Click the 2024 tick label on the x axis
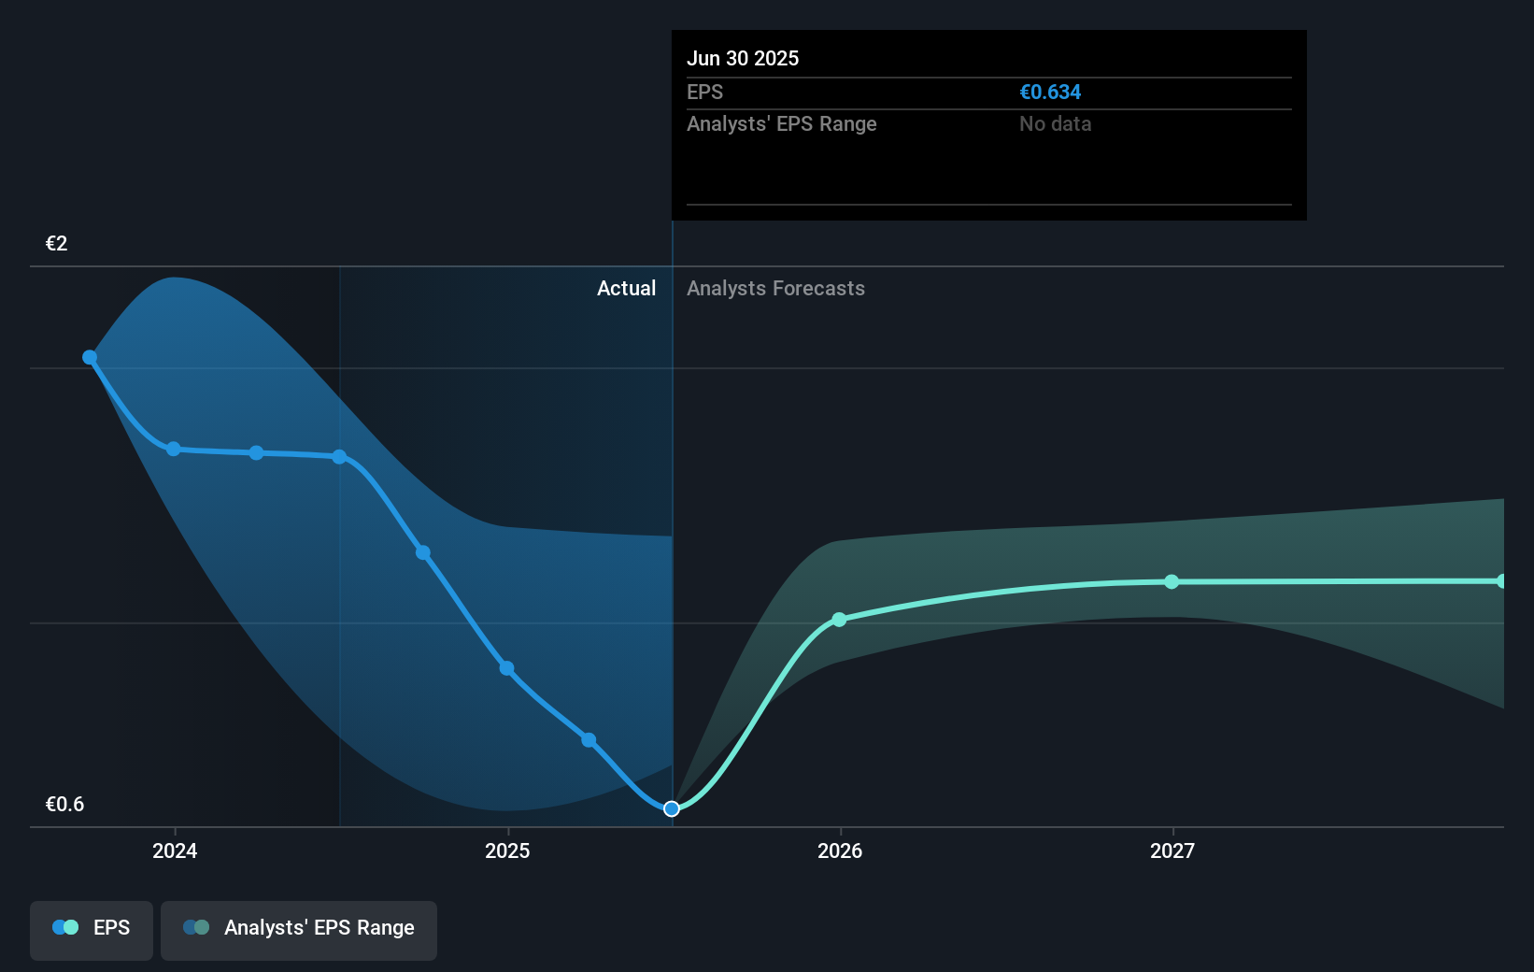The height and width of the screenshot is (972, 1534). click(175, 850)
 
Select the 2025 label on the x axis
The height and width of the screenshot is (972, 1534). click(507, 850)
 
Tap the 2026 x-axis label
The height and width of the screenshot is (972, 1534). click(840, 850)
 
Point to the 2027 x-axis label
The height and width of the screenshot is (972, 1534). click(1172, 850)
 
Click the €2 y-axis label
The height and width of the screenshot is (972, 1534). click(57, 244)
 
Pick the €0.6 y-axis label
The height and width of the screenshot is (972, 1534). click(64, 805)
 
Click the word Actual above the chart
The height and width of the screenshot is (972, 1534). click(626, 289)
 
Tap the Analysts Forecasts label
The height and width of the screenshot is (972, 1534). click(775, 289)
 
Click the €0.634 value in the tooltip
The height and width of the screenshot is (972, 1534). click(1050, 93)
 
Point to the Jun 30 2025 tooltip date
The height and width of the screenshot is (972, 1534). click(743, 59)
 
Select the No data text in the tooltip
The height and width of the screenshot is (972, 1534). click(1055, 124)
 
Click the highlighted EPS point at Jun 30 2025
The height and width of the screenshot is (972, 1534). click(672, 808)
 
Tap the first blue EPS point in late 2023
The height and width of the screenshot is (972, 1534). click(90, 357)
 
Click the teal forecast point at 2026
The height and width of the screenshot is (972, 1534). click(839, 620)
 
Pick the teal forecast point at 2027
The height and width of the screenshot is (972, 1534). click(1172, 582)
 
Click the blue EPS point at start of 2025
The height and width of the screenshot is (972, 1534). click(506, 668)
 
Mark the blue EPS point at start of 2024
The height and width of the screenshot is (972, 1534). click(174, 450)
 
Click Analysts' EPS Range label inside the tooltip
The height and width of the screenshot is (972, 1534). click(781, 124)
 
